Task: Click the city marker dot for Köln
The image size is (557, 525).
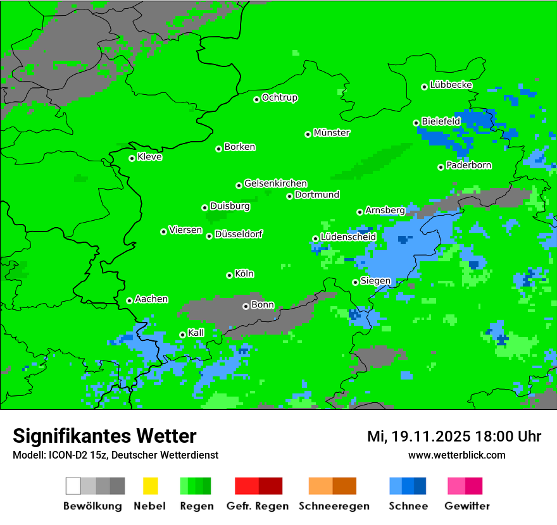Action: click(229, 275)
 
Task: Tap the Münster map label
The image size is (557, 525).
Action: click(331, 133)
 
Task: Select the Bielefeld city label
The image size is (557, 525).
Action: click(441, 121)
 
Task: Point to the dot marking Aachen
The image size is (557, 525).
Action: click(129, 300)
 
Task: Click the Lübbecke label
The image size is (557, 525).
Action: click(451, 85)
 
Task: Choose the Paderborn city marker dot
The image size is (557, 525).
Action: click(441, 167)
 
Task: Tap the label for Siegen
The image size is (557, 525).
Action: click(375, 281)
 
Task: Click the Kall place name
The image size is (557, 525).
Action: click(196, 333)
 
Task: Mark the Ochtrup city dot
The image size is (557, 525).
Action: click(256, 99)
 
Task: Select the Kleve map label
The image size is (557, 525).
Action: click(149, 157)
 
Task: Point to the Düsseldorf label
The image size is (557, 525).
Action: click(238, 234)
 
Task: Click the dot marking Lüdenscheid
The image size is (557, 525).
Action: click(315, 238)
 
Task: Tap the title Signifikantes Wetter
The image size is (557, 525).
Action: click(104, 436)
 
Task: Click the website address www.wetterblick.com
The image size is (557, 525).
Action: click(456, 455)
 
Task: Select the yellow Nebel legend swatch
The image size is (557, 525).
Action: click(150, 486)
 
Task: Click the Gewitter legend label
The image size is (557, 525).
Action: click(466, 506)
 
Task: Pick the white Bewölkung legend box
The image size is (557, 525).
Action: click(73, 486)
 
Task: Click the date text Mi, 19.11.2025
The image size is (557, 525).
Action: click(419, 436)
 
